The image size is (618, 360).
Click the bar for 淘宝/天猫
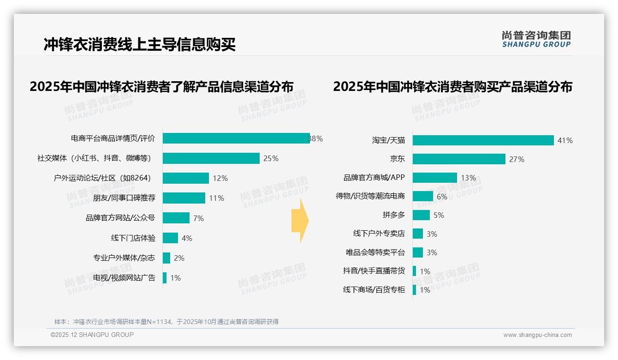pyautogui.click(x=483, y=140)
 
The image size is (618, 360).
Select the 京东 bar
pyautogui.click(x=459, y=159)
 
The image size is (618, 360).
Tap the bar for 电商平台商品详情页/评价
pyautogui.click(x=236, y=138)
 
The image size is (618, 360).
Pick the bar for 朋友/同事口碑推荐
pyautogui.click(x=184, y=198)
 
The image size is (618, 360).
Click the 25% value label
pyautogui.click(x=271, y=158)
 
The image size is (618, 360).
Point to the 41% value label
pyautogui.click(x=565, y=140)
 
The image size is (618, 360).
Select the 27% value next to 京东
pyautogui.click(x=517, y=159)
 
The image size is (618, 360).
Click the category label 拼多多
pyautogui.click(x=393, y=215)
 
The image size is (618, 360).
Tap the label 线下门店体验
pyautogui.click(x=133, y=238)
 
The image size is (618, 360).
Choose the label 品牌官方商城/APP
pyautogui.click(x=374, y=178)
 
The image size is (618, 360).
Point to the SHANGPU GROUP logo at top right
pyautogui.click(x=536, y=39)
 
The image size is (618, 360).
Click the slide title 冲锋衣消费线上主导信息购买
pyautogui.click(x=140, y=44)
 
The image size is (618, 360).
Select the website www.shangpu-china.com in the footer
pyautogui.click(x=537, y=335)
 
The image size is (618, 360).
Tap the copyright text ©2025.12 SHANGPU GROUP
pyautogui.click(x=92, y=335)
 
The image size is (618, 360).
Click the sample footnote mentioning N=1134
pyautogui.click(x=166, y=322)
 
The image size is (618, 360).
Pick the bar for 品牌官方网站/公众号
pyautogui.click(x=176, y=218)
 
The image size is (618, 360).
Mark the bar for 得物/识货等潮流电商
pyautogui.click(x=423, y=197)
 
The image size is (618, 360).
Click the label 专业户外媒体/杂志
pyautogui.click(x=124, y=258)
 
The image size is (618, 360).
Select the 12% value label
pyautogui.click(x=220, y=178)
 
